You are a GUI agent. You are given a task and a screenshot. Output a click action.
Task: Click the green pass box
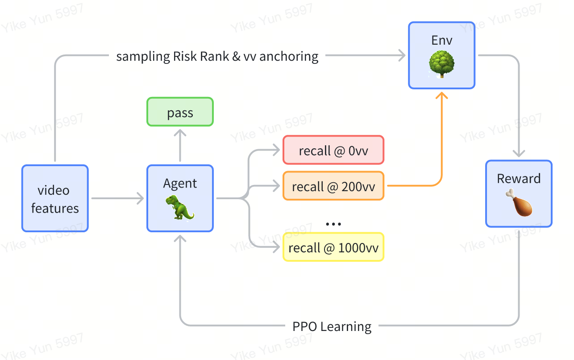tap(180, 112)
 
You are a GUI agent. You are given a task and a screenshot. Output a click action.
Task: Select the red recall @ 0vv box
tap(333, 150)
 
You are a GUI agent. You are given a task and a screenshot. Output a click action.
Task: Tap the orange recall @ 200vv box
tap(333, 186)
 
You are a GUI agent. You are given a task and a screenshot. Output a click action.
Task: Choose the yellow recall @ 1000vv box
tap(333, 247)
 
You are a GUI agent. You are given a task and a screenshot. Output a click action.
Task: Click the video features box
tap(55, 198)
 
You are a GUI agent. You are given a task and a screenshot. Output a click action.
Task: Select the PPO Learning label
tap(332, 326)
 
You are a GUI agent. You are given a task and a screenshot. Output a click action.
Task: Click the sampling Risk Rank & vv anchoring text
tap(217, 56)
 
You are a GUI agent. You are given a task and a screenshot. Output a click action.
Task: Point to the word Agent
tap(180, 183)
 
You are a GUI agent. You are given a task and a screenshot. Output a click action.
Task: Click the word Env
tap(442, 40)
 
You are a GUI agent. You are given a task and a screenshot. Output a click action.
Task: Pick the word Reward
tap(519, 178)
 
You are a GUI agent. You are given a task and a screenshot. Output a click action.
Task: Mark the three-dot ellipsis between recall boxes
tap(333, 224)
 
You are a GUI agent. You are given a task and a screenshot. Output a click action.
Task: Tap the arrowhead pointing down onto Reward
tap(519, 153)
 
